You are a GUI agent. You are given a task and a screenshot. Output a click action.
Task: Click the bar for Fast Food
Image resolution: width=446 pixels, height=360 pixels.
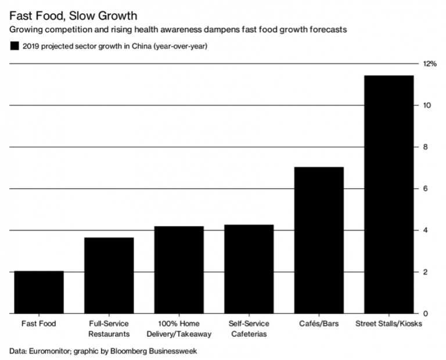(x=39, y=292)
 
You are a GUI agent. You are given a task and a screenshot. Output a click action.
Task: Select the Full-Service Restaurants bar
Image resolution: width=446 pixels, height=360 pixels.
(x=109, y=275)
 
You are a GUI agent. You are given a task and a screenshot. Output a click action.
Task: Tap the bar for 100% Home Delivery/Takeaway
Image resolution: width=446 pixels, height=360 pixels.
(x=179, y=269)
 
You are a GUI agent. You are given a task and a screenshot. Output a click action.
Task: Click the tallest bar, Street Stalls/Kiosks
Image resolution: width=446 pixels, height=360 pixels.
(x=388, y=195)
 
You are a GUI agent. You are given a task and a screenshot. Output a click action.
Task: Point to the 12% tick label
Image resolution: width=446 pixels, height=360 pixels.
(x=429, y=64)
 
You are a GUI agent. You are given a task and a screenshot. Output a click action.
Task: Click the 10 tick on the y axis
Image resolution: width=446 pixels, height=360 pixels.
(x=427, y=105)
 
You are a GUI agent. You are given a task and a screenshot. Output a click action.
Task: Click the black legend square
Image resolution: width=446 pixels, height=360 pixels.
(x=13, y=46)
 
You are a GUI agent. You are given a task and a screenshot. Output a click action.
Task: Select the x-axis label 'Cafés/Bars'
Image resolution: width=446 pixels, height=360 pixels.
(x=318, y=323)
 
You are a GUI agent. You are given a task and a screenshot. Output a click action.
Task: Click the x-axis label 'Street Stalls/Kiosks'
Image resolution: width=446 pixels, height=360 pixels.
(x=388, y=323)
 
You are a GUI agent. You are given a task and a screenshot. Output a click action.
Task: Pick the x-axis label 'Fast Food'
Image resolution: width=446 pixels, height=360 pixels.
(x=39, y=323)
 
